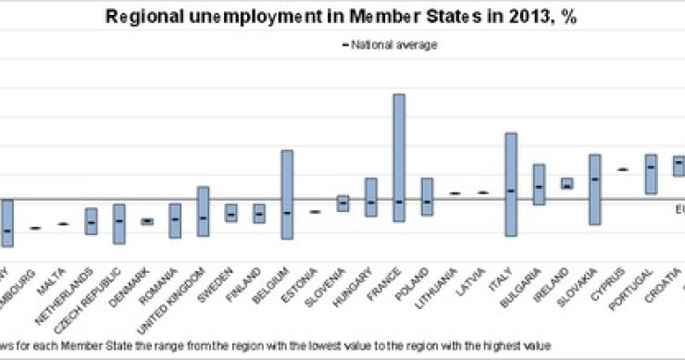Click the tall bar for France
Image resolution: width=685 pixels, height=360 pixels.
(x=399, y=157)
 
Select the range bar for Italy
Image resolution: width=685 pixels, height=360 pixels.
(x=510, y=184)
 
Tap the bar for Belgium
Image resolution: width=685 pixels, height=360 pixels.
(x=287, y=194)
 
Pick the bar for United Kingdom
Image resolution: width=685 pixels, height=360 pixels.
(x=203, y=211)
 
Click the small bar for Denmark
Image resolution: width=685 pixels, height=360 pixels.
(x=146, y=221)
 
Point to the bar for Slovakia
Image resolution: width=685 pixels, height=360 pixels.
(x=593, y=190)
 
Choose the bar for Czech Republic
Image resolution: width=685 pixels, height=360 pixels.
(x=118, y=224)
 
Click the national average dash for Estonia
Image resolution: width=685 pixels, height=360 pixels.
(x=315, y=212)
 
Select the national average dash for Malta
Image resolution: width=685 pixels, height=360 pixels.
(x=63, y=224)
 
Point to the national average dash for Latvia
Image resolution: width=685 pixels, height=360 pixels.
(x=482, y=192)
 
